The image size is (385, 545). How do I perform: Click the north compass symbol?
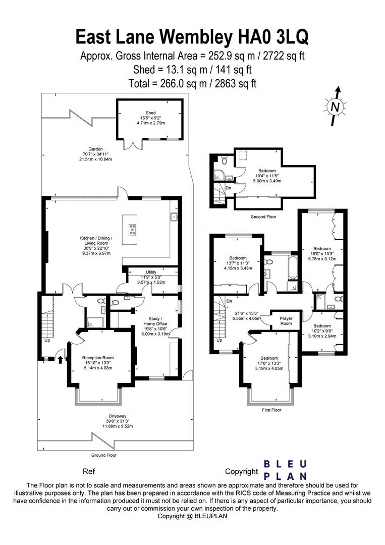335,106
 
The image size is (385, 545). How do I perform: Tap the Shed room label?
151,113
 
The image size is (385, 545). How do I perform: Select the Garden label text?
96,149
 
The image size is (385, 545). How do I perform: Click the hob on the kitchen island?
133,230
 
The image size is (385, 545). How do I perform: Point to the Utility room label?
151,272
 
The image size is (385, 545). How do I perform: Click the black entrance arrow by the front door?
61,360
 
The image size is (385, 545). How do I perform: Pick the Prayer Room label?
286,321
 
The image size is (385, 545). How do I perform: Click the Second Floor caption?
264,216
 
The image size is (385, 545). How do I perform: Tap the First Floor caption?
271,410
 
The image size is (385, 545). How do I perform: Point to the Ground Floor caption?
104,455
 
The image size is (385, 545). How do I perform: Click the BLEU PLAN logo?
286,470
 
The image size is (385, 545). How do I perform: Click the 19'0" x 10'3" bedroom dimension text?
322,254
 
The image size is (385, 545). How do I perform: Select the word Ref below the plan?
89,472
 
